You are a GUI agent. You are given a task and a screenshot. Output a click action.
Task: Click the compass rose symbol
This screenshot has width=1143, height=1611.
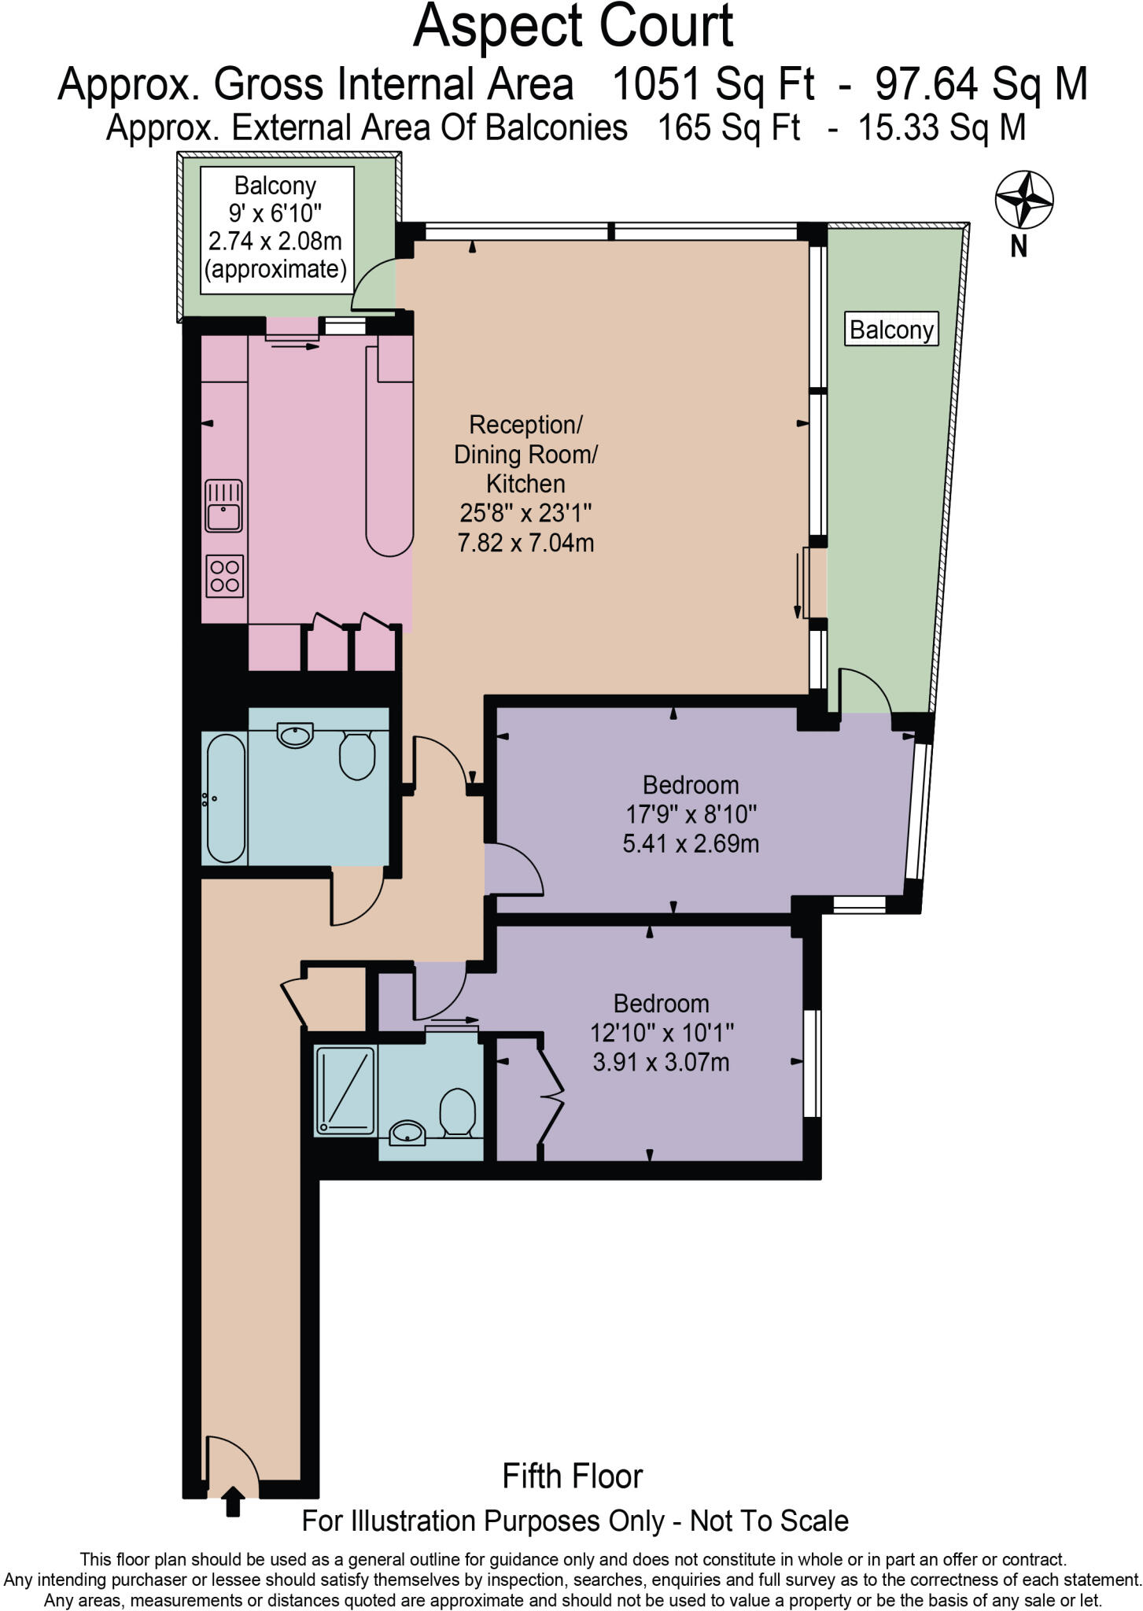click(x=1024, y=200)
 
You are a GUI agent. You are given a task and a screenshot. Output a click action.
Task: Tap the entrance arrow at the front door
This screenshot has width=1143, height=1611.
click(x=233, y=1501)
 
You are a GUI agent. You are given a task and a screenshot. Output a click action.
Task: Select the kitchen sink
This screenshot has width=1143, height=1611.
click(x=224, y=506)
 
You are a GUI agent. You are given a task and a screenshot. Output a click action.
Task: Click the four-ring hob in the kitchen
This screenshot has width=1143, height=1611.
click(x=224, y=576)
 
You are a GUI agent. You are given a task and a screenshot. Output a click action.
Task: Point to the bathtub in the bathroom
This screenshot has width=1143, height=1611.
click(x=227, y=798)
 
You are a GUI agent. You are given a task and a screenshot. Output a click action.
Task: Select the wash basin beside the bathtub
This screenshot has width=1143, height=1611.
click(x=295, y=735)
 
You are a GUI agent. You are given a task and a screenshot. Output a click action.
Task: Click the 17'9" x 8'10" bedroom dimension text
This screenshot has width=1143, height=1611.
click(x=690, y=814)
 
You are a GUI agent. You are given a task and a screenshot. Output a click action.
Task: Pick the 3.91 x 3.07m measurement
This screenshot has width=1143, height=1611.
click(x=661, y=1063)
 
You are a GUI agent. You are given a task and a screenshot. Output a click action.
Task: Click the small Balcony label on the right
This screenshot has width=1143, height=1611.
click(x=891, y=330)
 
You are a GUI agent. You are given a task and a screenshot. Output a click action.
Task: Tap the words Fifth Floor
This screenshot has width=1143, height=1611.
click(x=572, y=1476)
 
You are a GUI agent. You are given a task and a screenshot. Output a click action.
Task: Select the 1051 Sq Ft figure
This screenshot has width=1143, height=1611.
click(x=713, y=83)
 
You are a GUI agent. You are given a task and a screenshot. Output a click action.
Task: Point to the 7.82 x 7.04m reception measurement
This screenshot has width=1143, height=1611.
click(x=525, y=543)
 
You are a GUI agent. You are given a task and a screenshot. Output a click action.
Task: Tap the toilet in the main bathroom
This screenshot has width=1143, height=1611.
click(x=357, y=755)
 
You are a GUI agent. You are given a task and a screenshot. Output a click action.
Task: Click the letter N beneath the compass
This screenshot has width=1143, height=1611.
click(x=1019, y=248)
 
